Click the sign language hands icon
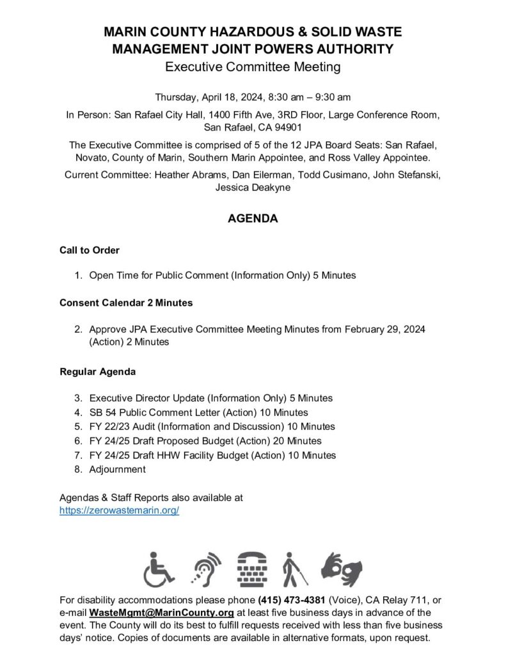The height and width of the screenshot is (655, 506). pos(342,567)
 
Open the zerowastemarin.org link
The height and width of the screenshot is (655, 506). pos(119,510)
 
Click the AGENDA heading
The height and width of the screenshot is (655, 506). pos(253,219)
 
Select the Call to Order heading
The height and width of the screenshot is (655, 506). pos(90,250)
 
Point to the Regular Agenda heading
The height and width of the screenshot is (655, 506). pos(97,371)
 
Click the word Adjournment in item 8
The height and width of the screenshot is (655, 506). pos(118,469)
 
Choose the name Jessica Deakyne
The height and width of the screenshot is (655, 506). pos(253,187)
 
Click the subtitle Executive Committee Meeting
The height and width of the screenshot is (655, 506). pos(253,66)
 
